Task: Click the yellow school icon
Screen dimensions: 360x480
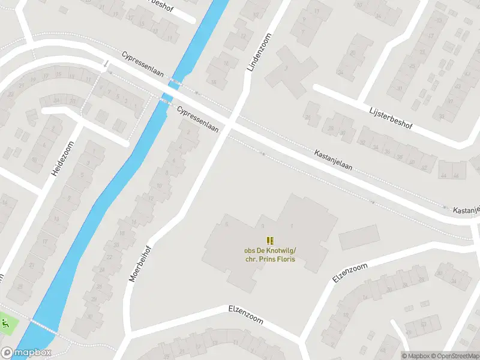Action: pyautogui.click(x=269, y=240)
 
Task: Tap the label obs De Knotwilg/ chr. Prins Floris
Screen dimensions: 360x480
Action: pyautogui.click(x=269, y=255)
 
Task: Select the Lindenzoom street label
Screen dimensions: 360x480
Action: pyautogui.click(x=259, y=52)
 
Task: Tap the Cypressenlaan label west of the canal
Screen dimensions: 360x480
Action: pyautogui.click(x=143, y=62)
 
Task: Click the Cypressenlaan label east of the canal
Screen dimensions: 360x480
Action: pyautogui.click(x=197, y=119)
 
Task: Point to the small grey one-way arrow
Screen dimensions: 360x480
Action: pyautogui.click(x=106, y=63)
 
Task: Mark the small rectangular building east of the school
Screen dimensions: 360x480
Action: pyautogui.click(x=359, y=237)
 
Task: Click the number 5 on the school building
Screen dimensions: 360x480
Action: pyautogui.click(x=227, y=224)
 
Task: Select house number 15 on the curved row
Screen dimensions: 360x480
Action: pyautogui.click(x=59, y=74)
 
